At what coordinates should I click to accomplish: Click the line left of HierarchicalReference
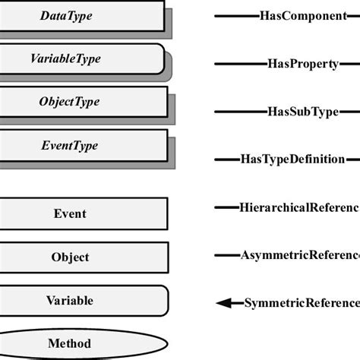tap(227, 207)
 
